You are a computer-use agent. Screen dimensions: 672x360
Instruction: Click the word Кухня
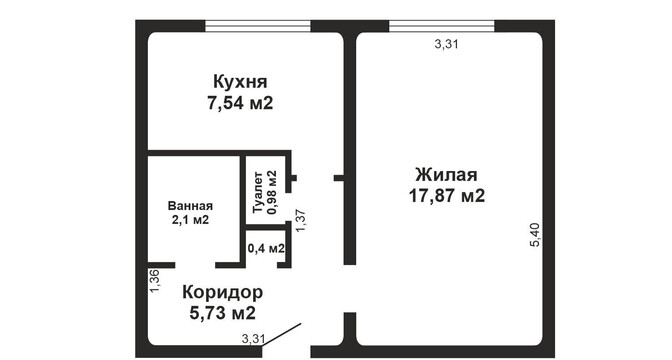point(240,81)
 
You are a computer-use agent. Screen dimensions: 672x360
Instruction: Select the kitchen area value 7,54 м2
point(240,103)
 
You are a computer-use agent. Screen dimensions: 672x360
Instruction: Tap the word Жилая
point(446,175)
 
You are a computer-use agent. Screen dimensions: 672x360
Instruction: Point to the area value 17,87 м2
point(447,196)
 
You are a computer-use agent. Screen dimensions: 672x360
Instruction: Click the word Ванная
point(190,206)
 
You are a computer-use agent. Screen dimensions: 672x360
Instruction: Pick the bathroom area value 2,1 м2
point(190,220)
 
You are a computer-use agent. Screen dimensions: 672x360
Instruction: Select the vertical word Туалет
point(258,192)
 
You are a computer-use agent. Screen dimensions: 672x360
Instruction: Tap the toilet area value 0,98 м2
point(272,192)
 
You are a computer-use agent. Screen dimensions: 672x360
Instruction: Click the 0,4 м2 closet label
point(266,248)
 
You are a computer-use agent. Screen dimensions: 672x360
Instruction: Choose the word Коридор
point(222,292)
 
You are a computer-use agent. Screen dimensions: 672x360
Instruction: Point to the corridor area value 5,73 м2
point(222,313)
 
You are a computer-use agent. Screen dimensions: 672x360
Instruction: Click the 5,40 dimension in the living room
point(536,235)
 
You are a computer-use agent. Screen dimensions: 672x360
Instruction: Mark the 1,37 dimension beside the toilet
point(300,220)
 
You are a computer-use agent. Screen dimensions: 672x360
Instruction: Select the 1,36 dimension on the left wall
point(155,281)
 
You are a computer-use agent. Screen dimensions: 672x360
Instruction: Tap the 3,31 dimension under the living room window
point(447,44)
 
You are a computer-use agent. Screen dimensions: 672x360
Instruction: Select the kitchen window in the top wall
point(258,26)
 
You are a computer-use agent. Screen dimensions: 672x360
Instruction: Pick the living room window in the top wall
point(442,26)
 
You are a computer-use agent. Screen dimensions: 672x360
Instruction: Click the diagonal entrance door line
point(282,334)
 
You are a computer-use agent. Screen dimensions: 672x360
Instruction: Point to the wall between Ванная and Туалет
point(243,190)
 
